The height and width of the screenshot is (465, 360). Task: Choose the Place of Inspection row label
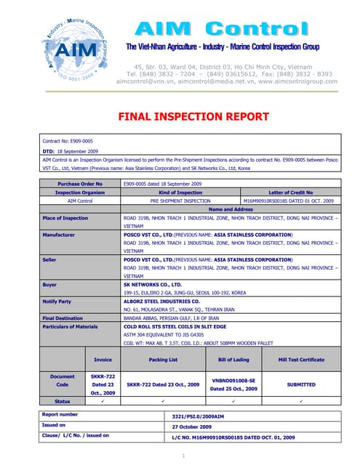65,217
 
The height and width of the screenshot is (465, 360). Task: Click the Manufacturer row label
60,235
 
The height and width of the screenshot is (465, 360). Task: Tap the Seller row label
51,259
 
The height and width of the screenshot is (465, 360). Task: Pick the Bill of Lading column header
234,359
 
